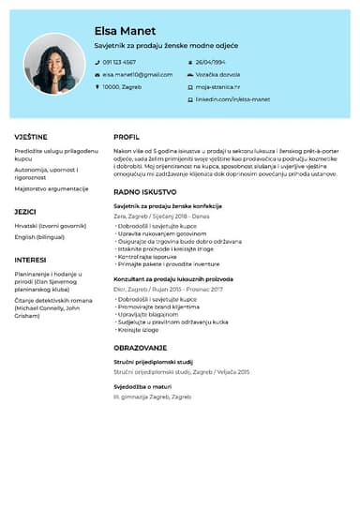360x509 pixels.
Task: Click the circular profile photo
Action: pos(51,65)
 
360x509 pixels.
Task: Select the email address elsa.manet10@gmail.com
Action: pos(138,74)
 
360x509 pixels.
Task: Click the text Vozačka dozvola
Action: pos(217,74)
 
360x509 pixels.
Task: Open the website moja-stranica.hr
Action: pos(217,86)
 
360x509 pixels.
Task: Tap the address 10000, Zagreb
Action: pos(122,86)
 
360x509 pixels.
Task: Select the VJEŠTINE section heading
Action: pos(31,137)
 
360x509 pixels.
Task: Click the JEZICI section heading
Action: pos(25,212)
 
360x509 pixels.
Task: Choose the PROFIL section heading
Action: pos(127,137)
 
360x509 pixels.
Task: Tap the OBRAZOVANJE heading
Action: pos(142,347)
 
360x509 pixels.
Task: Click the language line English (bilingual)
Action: pos(39,237)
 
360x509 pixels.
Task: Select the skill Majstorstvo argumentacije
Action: pos(52,188)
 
